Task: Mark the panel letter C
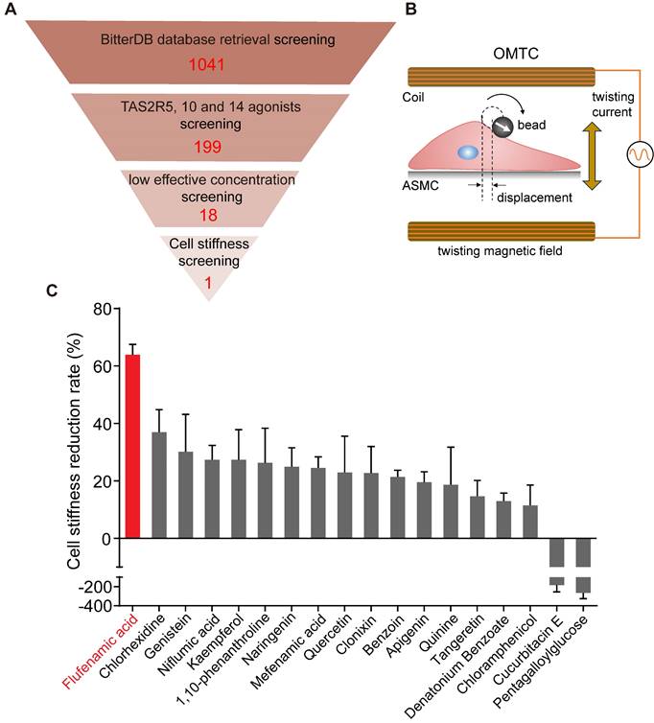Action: (55, 290)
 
